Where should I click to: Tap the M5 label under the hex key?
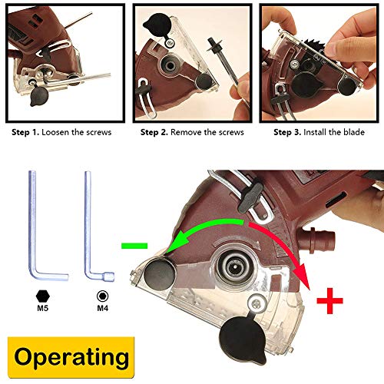click(41, 308)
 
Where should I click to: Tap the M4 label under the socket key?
click(101, 308)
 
